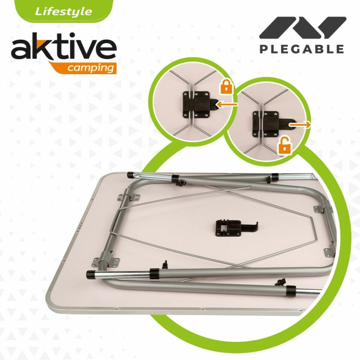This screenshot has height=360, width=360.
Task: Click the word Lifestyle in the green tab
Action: pyautogui.click(x=63, y=11)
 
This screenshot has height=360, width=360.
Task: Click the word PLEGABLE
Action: pyautogui.click(x=302, y=49)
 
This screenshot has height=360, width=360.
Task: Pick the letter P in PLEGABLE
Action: pyautogui.click(x=264, y=49)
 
